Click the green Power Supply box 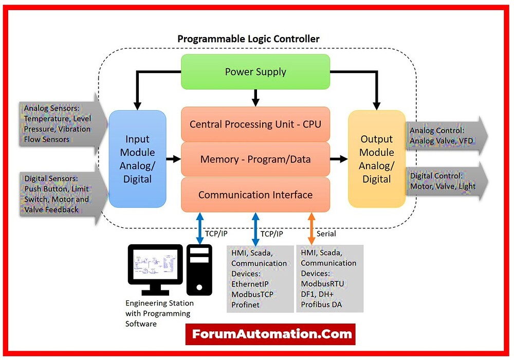click(x=255, y=71)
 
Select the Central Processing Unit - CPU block click(x=255, y=124)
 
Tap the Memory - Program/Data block click(x=255, y=159)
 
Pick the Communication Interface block click(x=255, y=195)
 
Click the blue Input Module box click(x=137, y=159)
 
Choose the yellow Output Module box click(x=376, y=159)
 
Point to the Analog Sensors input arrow click(x=59, y=123)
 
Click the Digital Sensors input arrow click(x=59, y=193)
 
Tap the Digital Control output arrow click(x=445, y=181)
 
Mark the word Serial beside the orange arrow click(x=326, y=233)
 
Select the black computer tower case click(x=199, y=269)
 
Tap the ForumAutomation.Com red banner click(x=270, y=334)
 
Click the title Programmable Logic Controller click(x=248, y=39)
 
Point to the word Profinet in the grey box click(x=246, y=304)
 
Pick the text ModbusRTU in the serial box click(x=323, y=283)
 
